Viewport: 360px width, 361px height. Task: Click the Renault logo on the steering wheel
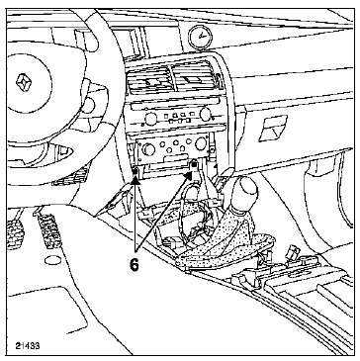[21, 86]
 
